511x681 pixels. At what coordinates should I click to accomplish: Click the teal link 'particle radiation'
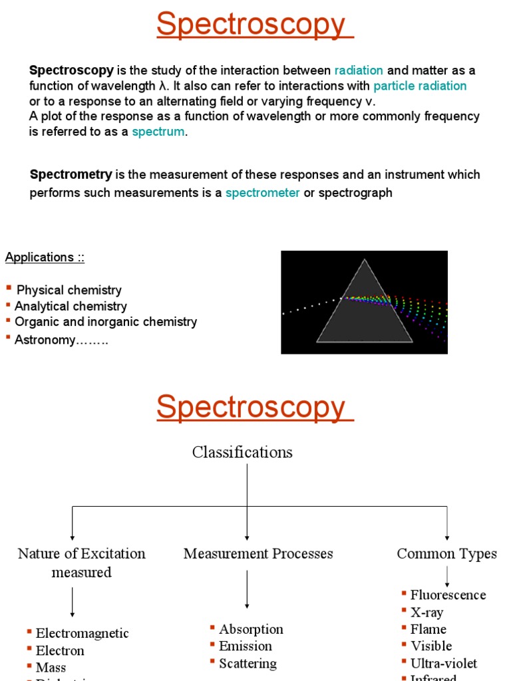(420, 86)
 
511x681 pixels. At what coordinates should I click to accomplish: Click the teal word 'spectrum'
(158, 132)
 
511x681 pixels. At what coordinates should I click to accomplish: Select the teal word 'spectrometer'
(263, 193)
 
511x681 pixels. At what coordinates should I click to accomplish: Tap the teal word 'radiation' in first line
(359, 70)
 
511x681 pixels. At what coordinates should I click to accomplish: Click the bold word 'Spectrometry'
(71, 175)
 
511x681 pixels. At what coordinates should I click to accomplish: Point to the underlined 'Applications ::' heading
(45, 257)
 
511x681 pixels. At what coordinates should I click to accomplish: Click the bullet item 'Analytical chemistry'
(71, 307)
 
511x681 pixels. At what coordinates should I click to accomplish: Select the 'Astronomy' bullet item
(62, 340)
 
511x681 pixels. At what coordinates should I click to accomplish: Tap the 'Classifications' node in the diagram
(242, 452)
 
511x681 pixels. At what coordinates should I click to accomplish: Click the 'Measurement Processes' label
(258, 553)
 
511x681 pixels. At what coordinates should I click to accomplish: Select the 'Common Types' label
(446, 553)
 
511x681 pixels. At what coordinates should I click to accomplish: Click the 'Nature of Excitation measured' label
(81, 563)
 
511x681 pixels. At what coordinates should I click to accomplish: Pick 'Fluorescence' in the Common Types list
(448, 595)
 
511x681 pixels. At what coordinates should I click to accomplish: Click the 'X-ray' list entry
(426, 613)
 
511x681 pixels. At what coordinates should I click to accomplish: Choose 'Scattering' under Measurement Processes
(248, 663)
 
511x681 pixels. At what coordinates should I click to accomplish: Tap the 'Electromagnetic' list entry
(82, 634)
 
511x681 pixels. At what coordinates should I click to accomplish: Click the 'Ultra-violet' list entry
(443, 663)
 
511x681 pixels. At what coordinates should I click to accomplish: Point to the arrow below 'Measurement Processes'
(247, 589)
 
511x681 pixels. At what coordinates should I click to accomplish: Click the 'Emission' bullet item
(246, 646)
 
